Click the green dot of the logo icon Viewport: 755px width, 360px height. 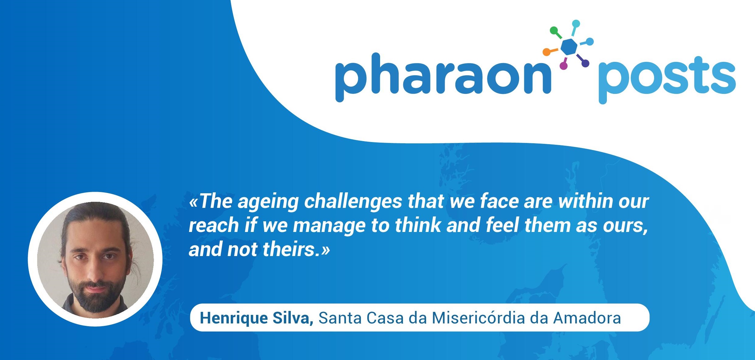pyautogui.click(x=554, y=30)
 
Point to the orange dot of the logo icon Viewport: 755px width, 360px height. pyautogui.click(x=547, y=52)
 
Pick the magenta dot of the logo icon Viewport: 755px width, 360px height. pyautogui.click(x=564, y=65)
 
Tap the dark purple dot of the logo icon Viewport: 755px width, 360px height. pyautogui.click(x=585, y=63)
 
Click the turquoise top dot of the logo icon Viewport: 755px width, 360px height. pyautogui.click(x=576, y=24)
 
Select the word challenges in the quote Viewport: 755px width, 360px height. pyautogui.click(x=353, y=201)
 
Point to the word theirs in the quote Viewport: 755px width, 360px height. pyautogui.click(x=289, y=249)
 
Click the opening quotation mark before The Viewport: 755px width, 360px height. pyautogui.click(x=194, y=202)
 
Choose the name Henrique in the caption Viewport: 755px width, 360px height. pyautogui.click(x=234, y=318)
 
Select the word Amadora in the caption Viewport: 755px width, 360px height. pyautogui.click(x=587, y=318)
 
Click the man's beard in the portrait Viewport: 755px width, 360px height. pyautogui.click(x=95, y=296)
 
